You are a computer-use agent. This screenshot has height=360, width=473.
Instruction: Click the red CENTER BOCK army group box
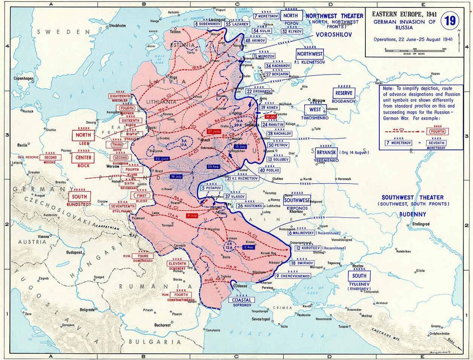[83, 158]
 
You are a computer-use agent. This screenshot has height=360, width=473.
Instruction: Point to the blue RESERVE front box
[344, 93]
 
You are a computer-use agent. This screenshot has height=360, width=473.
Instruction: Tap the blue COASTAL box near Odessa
[238, 300]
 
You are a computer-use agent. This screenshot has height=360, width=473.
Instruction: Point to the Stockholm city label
[117, 26]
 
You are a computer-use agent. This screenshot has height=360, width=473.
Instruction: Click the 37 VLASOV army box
[235, 196]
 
